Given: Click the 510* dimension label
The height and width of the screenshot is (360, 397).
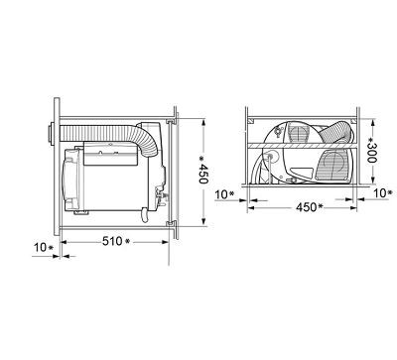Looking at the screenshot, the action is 116,241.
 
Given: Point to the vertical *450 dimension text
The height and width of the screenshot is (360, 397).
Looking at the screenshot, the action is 202,170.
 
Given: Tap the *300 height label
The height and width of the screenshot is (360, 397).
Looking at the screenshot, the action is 372,150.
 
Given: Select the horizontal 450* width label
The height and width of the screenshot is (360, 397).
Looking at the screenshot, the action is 310,207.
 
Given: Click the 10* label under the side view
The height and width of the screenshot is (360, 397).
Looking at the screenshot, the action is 44,247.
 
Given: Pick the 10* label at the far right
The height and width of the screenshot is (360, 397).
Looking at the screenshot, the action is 383,193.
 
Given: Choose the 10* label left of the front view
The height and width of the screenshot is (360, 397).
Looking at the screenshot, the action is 224,194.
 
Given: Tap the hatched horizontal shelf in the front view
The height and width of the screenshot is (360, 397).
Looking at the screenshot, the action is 301,146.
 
